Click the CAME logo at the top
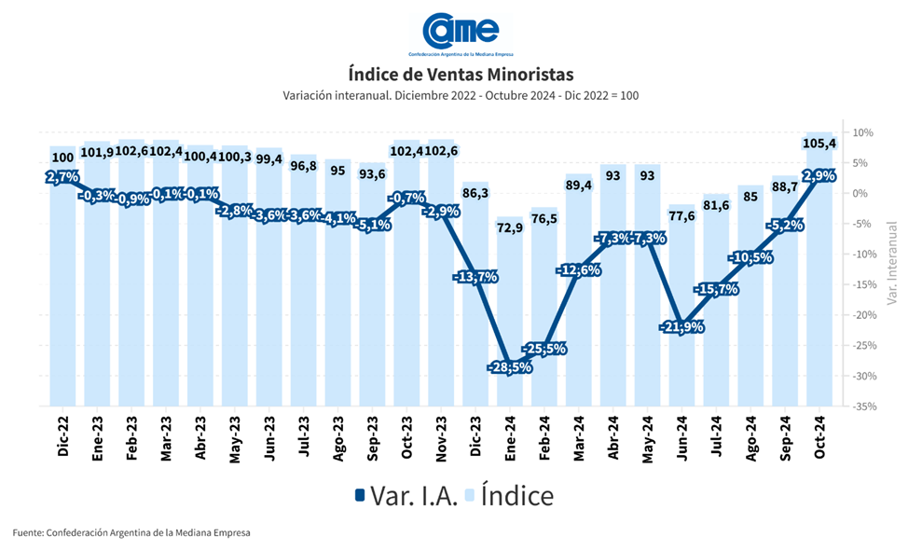(x=460, y=32)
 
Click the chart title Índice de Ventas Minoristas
(x=461, y=73)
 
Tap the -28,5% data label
(x=509, y=368)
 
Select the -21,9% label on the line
(x=681, y=327)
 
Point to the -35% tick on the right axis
(x=862, y=406)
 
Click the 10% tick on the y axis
(x=862, y=132)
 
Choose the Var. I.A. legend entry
(x=406, y=495)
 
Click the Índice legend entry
(x=511, y=495)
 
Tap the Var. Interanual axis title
(x=892, y=263)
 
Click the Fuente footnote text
(x=131, y=532)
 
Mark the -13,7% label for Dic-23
(x=475, y=277)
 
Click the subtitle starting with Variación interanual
(x=461, y=95)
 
